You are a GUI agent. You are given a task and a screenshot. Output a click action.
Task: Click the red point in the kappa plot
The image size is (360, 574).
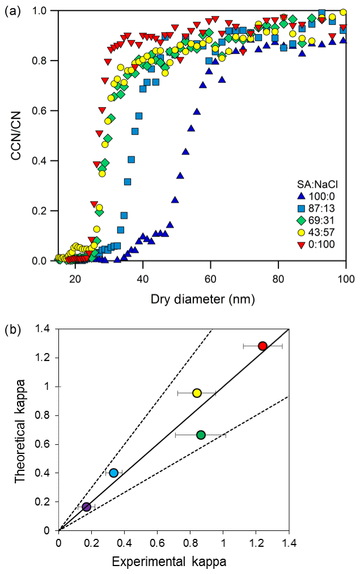click(x=262, y=346)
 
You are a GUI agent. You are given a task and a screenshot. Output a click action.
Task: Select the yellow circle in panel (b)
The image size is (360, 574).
click(x=197, y=393)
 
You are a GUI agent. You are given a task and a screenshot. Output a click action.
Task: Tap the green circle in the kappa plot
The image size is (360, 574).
click(x=201, y=435)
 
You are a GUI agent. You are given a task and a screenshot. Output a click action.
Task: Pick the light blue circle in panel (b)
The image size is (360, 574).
click(x=113, y=473)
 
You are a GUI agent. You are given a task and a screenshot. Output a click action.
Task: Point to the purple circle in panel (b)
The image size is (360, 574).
click(x=86, y=507)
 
